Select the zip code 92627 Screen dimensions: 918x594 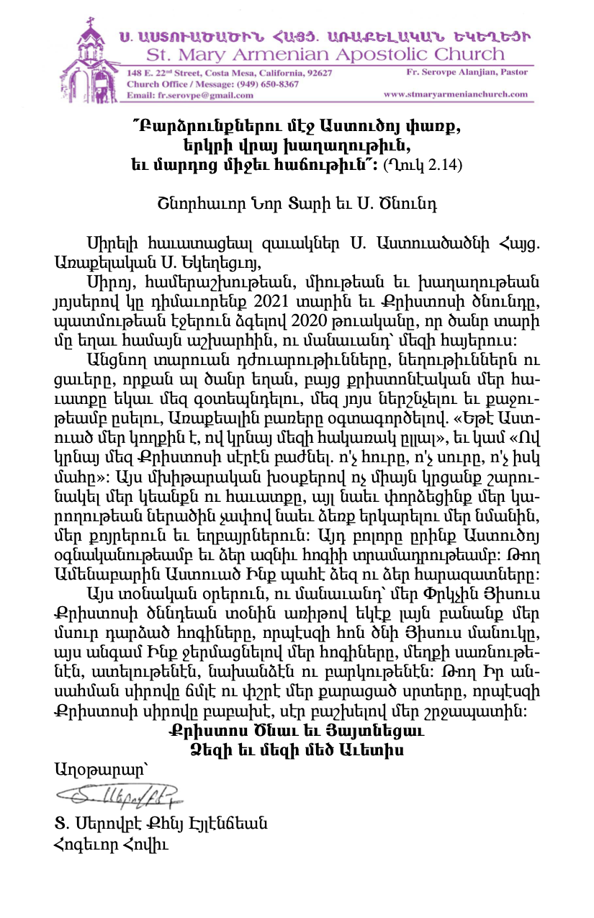click(316, 73)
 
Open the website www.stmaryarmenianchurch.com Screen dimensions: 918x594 click(456, 94)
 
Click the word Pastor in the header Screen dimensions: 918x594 click(512, 73)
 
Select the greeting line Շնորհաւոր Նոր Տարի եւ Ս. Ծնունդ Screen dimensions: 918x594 click(296, 203)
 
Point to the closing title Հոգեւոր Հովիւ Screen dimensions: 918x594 click(110, 844)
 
